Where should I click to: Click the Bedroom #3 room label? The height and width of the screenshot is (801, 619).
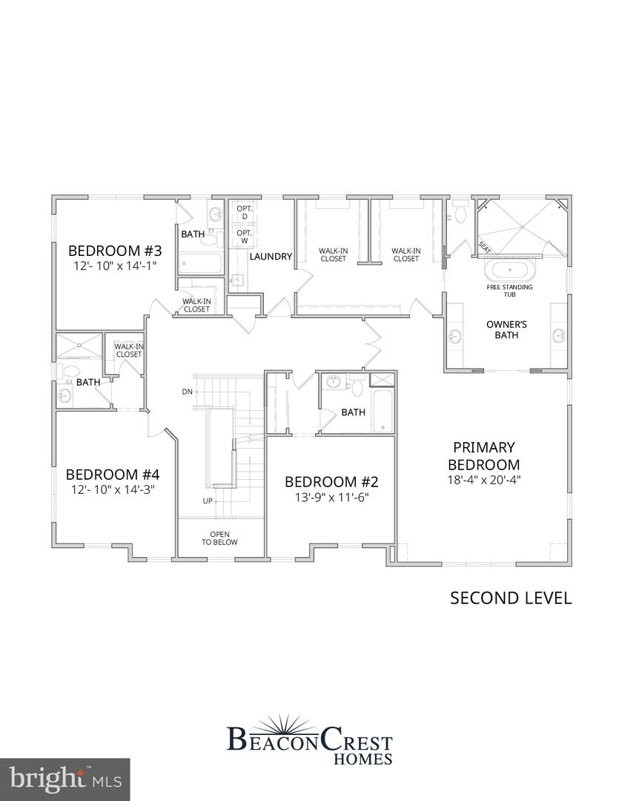point(115,250)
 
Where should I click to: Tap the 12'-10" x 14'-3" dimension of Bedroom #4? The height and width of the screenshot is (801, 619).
point(113,489)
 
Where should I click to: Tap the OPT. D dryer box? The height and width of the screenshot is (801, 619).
point(244,211)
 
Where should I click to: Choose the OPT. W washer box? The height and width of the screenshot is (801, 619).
point(244,236)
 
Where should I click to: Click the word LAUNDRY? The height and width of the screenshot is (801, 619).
point(271,257)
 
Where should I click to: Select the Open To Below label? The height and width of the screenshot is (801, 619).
point(220,538)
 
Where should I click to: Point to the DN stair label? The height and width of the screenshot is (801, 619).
point(186,391)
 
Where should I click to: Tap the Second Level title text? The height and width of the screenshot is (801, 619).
point(511,598)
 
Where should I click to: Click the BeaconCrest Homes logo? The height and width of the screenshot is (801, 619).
point(309,738)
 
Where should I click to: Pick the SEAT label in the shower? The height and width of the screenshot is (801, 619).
point(484,245)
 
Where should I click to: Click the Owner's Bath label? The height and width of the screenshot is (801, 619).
point(506,329)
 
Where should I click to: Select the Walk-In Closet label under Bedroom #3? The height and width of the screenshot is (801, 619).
point(196,305)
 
